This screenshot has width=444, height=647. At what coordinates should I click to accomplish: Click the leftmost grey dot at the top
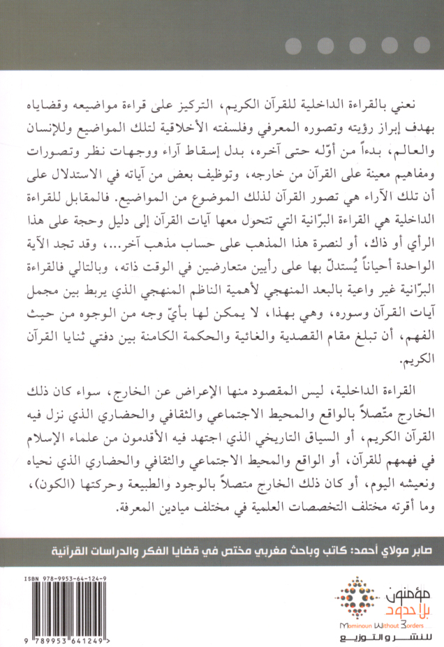(293, 46)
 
